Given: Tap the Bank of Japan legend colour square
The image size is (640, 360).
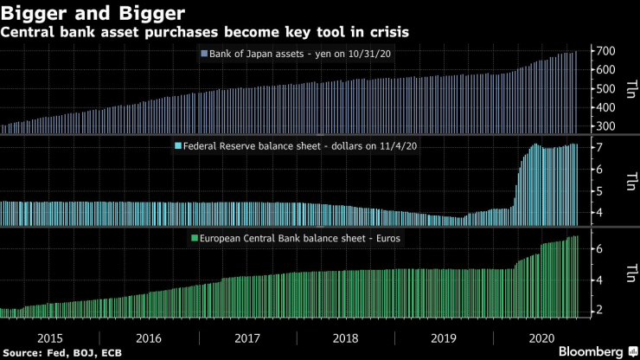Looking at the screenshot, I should pos(203,54).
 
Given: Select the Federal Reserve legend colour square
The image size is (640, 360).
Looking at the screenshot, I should pos(178,145).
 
